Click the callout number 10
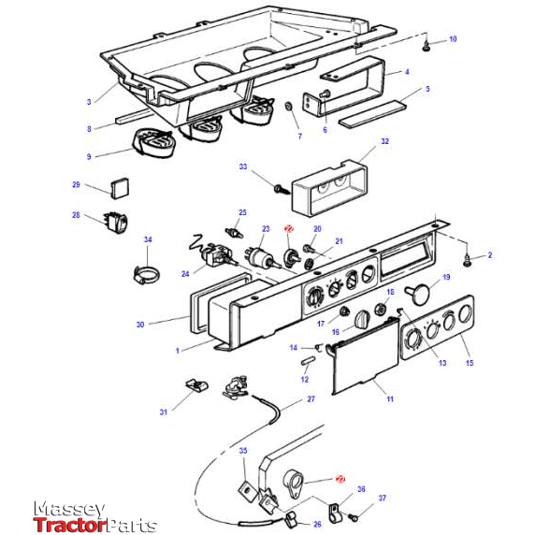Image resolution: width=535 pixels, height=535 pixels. [x=453, y=39]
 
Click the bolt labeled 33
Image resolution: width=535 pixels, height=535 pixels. [x=279, y=189]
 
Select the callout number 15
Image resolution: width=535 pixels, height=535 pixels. [x=469, y=363]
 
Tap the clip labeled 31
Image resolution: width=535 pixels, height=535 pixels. [x=195, y=383]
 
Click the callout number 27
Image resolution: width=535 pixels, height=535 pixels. [x=311, y=398]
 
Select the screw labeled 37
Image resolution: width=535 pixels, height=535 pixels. [x=354, y=516]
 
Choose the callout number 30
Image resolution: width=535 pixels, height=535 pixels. [x=140, y=325]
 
